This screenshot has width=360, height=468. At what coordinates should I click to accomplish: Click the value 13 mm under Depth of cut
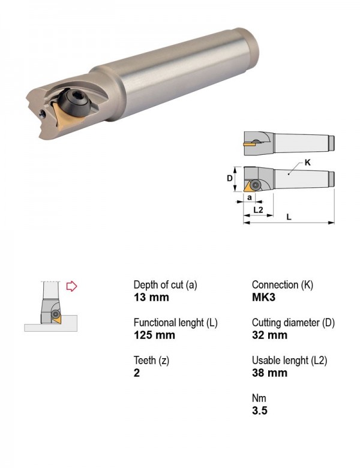151,297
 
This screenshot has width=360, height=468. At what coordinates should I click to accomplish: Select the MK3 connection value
263,297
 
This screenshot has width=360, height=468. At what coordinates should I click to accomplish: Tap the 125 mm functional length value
154,335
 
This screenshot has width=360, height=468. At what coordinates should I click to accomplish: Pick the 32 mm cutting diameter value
269,335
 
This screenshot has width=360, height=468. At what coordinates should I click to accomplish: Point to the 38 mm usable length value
269,373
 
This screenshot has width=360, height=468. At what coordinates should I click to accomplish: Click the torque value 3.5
260,410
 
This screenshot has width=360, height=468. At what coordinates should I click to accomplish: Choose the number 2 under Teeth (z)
137,373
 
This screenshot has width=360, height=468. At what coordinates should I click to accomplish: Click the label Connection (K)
283,285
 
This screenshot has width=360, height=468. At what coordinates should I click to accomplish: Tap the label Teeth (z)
151,361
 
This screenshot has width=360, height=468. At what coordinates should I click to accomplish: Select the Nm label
259,398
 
